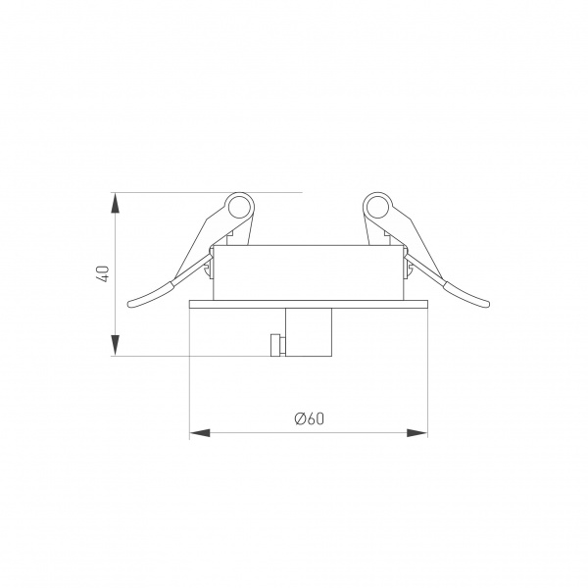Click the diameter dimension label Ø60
coord(309,418)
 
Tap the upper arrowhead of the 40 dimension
coord(116,203)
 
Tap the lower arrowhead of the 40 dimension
coord(116,345)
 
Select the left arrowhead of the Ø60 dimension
coord(200,433)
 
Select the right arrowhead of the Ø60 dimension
coord(417,433)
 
